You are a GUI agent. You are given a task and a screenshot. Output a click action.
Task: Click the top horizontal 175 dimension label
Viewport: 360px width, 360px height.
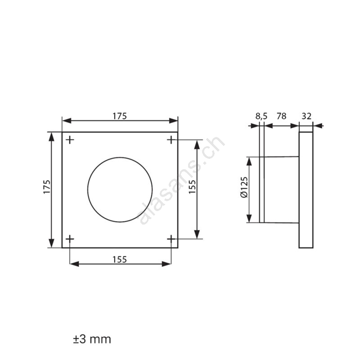click(x=120, y=116)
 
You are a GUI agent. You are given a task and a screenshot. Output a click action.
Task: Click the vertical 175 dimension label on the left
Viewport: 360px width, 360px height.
click(x=47, y=187)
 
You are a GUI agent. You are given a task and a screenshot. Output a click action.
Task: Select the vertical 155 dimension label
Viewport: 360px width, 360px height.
click(x=192, y=187)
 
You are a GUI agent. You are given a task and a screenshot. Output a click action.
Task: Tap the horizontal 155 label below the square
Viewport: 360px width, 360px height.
click(x=120, y=260)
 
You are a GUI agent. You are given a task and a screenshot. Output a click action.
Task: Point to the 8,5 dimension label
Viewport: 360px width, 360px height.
click(x=261, y=116)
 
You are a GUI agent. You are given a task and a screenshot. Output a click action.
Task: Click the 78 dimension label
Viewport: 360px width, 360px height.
click(x=282, y=116)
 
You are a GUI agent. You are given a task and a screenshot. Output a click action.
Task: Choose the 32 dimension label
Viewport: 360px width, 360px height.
click(x=306, y=116)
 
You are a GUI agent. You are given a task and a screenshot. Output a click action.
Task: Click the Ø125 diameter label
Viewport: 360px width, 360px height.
click(x=244, y=187)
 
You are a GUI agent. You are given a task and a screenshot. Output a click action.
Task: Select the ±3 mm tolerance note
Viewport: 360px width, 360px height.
click(x=92, y=339)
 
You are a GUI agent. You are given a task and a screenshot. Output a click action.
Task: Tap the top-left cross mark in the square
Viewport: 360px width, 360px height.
click(x=70, y=139)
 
